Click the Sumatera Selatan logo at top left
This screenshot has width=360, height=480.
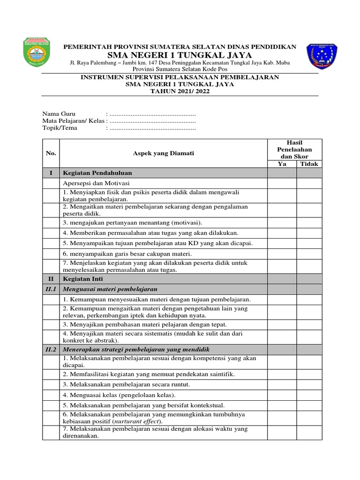(x=39, y=55)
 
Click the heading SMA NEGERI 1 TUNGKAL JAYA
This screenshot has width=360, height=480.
(x=180, y=55)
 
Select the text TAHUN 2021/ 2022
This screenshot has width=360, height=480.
(x=180, y=92)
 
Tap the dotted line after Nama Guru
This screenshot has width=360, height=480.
(x=151, y=114)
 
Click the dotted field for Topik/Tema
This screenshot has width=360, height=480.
(x=151, y=128)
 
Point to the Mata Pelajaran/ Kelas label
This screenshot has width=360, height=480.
(x=73, y=121)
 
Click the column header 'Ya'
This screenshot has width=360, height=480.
(x=282, y=164)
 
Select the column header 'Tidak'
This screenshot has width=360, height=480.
(x=309, y=164)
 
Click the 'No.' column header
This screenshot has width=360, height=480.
(x=51, y=153)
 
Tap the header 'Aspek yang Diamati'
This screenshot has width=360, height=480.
(x=164, y=153)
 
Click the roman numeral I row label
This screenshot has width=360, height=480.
(x=51, y=173)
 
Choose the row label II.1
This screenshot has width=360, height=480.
(x=51, y=289)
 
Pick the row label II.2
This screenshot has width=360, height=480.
(x=51, y=350)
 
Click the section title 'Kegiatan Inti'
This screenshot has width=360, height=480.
(x=81, y=278)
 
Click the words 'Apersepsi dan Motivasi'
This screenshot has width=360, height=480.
(x=96, y=183)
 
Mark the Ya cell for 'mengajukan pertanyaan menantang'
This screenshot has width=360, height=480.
(x=282, y=222)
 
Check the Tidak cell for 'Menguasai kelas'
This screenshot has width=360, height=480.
(x=309, y=395)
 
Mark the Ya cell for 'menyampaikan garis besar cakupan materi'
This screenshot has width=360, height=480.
(x=282, y=254)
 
